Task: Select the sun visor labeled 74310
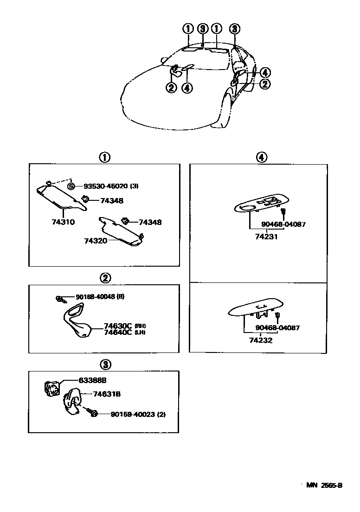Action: (58, 196)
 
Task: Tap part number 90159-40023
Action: (132, 414)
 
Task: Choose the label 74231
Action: (267, 236)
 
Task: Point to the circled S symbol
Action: (71, 186)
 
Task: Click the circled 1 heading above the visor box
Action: (104, 157)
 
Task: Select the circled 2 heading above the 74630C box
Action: (105, 278)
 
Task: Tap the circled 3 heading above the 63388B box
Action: (105, 364)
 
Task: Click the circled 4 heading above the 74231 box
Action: (261, 157)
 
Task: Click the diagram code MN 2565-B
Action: (324, 486)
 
